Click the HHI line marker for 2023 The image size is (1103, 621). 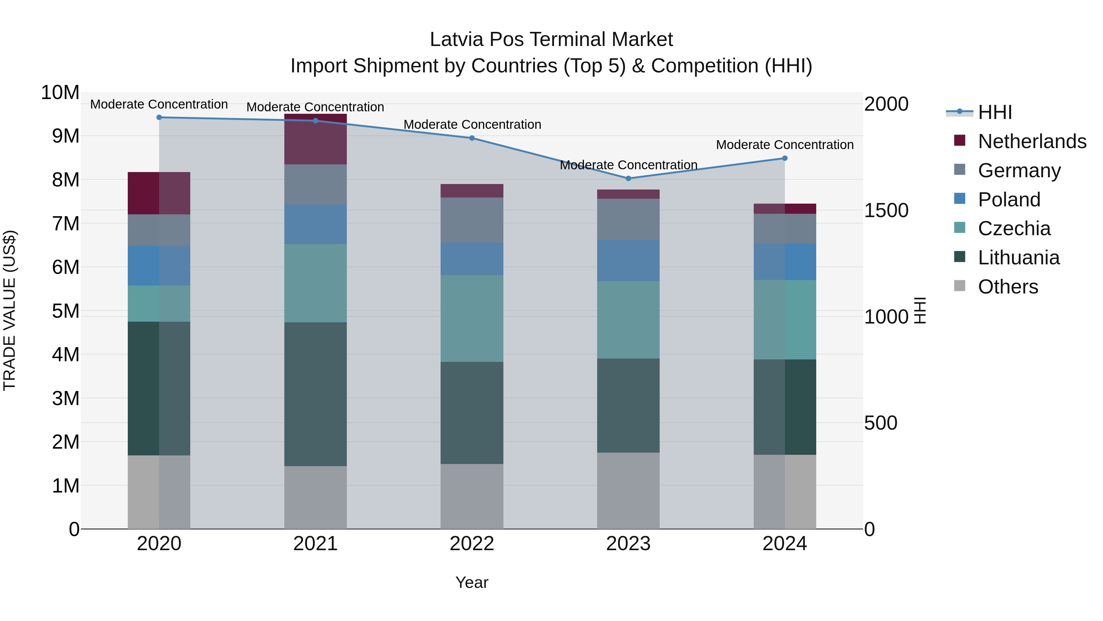pyautogui.click(x=628, y=178)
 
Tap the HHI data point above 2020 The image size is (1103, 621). pyautogui.click(x=159, y=117)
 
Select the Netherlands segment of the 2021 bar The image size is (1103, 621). pyautogui.click(x=315, y=139)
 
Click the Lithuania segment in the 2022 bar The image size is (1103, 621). pyautogui.click(x=472, y=413)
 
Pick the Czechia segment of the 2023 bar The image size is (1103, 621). pyautogui.click(x=628, y=320)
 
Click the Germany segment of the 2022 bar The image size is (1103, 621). pyautogui.click(x=472, y=220)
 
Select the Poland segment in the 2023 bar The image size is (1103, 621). pyautogui.click(x=628, y=261)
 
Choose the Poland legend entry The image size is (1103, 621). pyautogui.click(x=1009, y=200)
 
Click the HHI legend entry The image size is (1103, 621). pyautogui.click(x=995, y=112)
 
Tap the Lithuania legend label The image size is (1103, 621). pyautogui.click(x=1019, y=258)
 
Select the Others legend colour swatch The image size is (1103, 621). pyautogui.click(x=960, y=286)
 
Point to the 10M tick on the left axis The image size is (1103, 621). pyautogui.click(x=60, y=93)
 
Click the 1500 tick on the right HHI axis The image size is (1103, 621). pyautogui.click(x=886, y=210)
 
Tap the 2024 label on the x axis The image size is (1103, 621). pyautogui.click(x=784, y=544)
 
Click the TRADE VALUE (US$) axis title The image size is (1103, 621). pyautogui.click(x=9, y=310)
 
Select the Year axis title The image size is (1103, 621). pyautogui.click(x=472, y=582)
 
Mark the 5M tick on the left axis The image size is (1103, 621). pyautogui.click(x=65, y=311)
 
